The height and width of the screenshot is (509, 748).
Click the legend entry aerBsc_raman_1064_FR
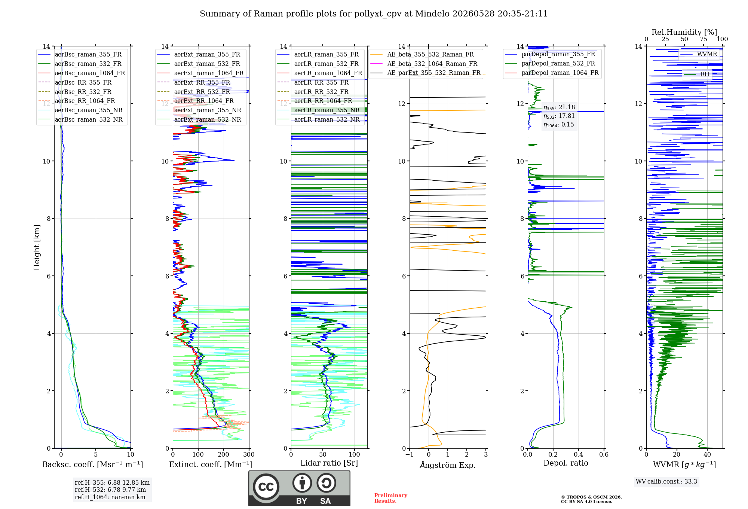coord(82,73)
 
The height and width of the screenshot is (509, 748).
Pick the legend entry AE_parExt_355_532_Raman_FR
coord(426,73)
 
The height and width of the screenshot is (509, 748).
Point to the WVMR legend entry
coord(699,54)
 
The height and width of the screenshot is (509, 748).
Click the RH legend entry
coord(697,74)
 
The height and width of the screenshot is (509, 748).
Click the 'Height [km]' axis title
coord(37,247)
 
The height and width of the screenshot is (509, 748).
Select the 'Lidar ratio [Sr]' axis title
coord(329,463)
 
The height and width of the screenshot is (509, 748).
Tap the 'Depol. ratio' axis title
coord(566,463)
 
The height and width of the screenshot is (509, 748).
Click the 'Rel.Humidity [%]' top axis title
coord(684,32)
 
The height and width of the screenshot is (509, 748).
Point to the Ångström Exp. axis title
coord(448,465)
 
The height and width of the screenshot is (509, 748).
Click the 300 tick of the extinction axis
coord(249,454)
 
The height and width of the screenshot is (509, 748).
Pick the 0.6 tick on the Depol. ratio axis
coord(604,454)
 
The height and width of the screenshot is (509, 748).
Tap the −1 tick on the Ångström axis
coord(410,454)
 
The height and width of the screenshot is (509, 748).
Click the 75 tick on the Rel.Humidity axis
coord(703,39)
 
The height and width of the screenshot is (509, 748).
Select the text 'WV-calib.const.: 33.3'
coord(666,481)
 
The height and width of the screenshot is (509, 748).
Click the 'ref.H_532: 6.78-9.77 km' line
coord(110,490)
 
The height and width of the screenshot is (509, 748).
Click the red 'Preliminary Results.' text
coord(391,498)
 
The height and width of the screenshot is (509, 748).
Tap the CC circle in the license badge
coord(266,487)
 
